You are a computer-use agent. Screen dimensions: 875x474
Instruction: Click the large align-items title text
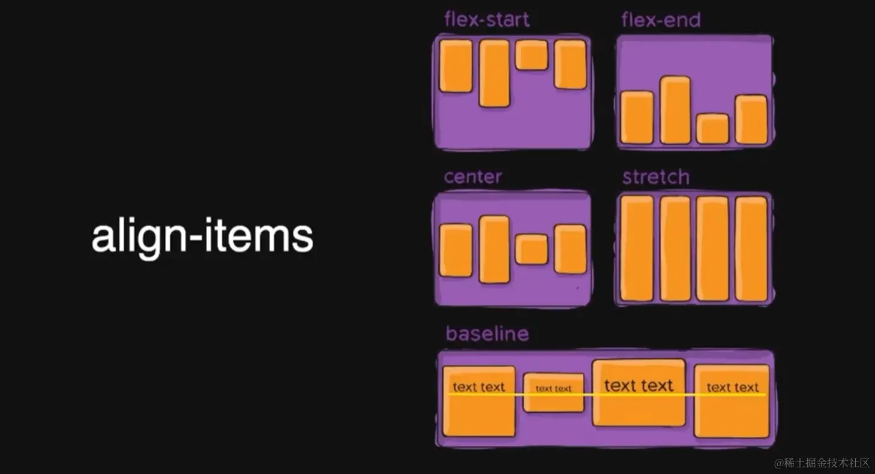coord(202,237)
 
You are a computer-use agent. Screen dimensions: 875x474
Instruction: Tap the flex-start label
coord(487,20)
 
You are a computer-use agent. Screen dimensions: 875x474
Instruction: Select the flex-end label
coord(661,20)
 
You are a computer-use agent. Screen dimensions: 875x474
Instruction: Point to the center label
coord(473,177)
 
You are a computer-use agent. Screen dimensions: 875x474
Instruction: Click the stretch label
coord(656,177)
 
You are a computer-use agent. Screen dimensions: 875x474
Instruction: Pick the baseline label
coord(487,334)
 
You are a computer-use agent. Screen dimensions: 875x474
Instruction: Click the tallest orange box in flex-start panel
coord(495,73)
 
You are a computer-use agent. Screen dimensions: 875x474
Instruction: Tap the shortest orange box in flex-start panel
coord(531,55)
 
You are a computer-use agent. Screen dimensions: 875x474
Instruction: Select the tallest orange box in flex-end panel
coord(675,110)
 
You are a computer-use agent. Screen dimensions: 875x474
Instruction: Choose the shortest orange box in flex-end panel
coord(713,129)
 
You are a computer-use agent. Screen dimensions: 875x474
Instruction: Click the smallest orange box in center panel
coord(531,250)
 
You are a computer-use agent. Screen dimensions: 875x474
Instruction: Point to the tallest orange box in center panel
coord(495,250)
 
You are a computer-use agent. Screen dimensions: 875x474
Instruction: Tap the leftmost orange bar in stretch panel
coord(637,248)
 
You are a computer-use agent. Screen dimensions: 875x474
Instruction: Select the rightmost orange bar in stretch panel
coord(751,248)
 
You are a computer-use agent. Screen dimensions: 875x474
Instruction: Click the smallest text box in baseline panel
coord(553,392)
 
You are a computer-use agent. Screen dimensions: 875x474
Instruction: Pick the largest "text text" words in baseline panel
coord(639,385)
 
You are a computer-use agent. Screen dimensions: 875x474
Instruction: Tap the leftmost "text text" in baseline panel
coord(479,387)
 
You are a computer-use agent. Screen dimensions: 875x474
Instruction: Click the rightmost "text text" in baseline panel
coord(732,388)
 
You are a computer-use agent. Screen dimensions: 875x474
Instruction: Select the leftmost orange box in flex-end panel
coord(637,118)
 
